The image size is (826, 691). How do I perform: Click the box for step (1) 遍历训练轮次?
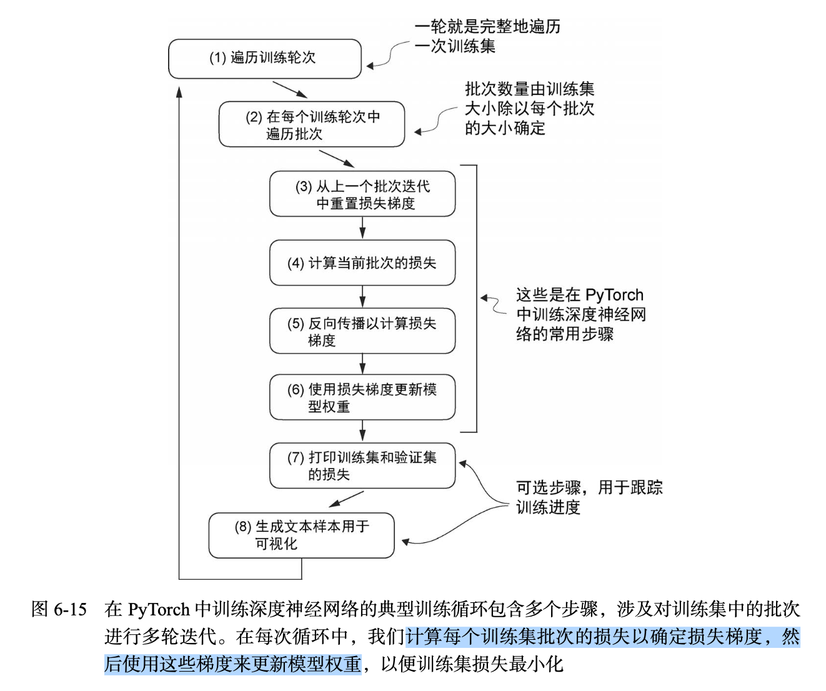click(x=265, y=59)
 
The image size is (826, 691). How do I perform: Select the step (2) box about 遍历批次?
click(x=312, y=124)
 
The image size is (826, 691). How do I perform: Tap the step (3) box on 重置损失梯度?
click(x=362, y=194)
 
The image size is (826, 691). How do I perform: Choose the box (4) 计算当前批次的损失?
click(x=362, y=263)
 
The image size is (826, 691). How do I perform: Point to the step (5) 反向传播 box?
click(x=362, y=331)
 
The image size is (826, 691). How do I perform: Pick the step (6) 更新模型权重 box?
click(x=362, y=397)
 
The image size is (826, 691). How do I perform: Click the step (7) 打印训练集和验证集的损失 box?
click(x=362, y=465)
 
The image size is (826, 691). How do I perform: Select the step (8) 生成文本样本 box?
click(x=301, y=535)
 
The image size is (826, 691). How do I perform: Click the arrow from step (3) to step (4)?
click(x=362, y=228)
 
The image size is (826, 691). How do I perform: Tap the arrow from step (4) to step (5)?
click(x=362, y=297)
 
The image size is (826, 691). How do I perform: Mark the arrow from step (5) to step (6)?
click(x=362, y=364)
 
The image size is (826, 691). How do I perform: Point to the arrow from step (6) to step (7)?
click(x=362, y=431)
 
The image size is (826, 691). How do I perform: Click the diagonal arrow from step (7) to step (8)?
click(x=346, y=499)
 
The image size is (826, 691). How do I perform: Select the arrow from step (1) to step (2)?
click(x=290, y=90)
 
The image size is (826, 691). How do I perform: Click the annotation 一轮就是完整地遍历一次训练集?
click(x=487, y=36)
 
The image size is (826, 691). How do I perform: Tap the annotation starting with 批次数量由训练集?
click(x=529, y=109)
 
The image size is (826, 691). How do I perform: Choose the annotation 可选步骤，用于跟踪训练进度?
click(x=589, y=497)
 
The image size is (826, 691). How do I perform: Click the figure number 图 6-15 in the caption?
click(x=59, y=609)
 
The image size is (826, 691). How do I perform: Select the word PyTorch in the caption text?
click(x=158, y=609)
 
